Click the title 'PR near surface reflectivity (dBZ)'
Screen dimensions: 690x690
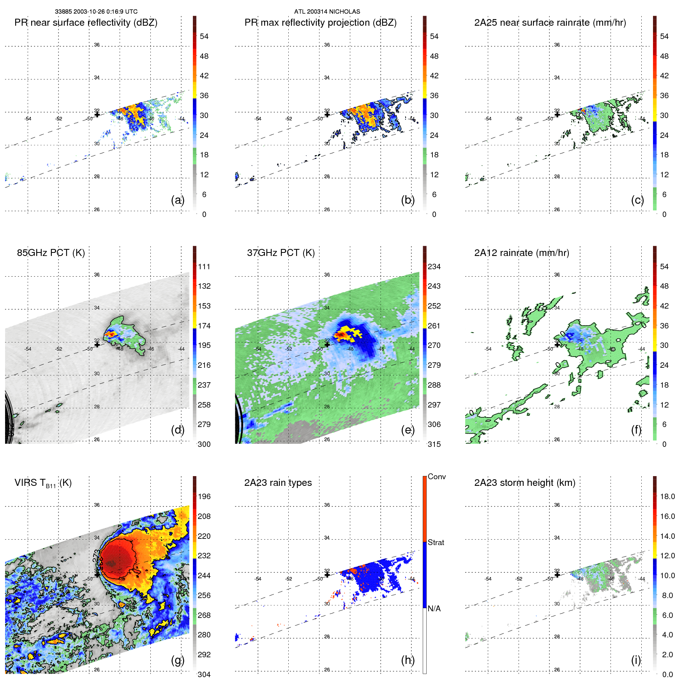point(86,23)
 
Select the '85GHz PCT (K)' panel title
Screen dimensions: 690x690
point(51,253)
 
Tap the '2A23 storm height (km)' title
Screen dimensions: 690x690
point(524,483)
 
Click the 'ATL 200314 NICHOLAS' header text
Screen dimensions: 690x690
point(327,12)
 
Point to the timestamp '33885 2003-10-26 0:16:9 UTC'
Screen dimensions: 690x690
point(96,12)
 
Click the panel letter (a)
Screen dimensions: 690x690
point(177,200)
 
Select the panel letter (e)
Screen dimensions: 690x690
point(408,430)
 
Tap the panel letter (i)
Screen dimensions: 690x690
point(636,660)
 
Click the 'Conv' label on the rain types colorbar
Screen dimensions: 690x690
point(436,477)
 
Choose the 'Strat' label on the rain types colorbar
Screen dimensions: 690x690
point(436,543)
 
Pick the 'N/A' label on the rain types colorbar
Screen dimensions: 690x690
point(434,609)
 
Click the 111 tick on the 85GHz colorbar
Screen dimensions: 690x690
point(204,267)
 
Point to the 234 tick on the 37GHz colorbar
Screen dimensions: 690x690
point(434,267)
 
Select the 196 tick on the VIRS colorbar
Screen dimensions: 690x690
point(204,497)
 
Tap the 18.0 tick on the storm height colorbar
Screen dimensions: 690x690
point(667,497)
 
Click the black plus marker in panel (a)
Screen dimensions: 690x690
point(97,115)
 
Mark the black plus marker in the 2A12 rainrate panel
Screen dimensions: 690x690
point(557,344)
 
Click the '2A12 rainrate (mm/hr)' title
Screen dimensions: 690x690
point(521,253)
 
